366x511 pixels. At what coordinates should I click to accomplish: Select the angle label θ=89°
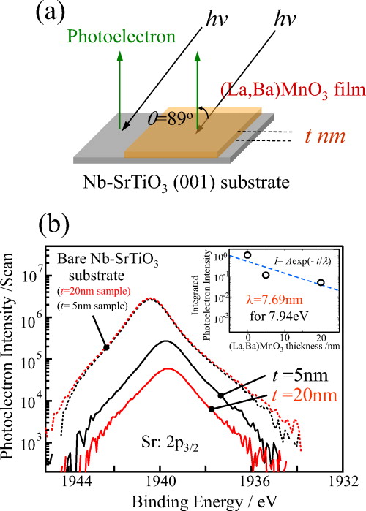coord(169,98)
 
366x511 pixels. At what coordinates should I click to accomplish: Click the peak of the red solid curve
coord(168,369)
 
